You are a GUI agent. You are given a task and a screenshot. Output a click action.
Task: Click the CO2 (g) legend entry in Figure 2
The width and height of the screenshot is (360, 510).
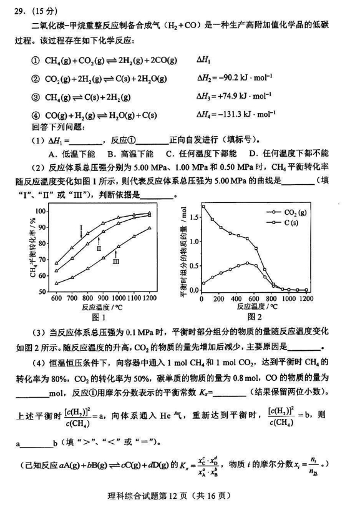pos(301,213)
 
